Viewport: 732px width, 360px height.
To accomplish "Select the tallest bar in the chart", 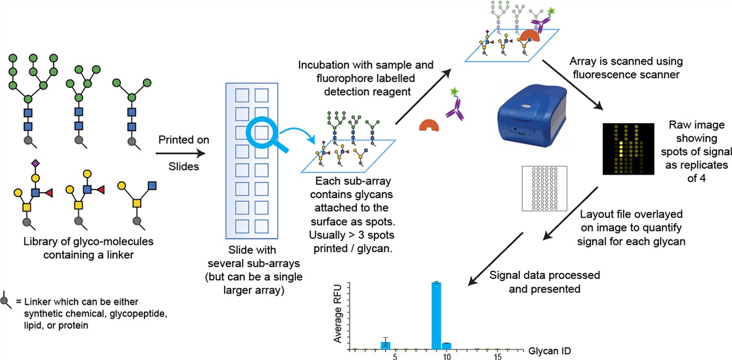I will click(436, 315).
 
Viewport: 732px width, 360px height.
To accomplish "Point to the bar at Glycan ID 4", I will click(386, 345).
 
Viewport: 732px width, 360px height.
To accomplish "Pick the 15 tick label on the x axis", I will click(498, 357).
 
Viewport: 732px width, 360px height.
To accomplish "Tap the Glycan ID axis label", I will click(550, 351).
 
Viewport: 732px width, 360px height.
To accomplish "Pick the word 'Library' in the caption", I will click(39, 242).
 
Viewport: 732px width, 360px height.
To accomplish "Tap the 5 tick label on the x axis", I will click(395, 357).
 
